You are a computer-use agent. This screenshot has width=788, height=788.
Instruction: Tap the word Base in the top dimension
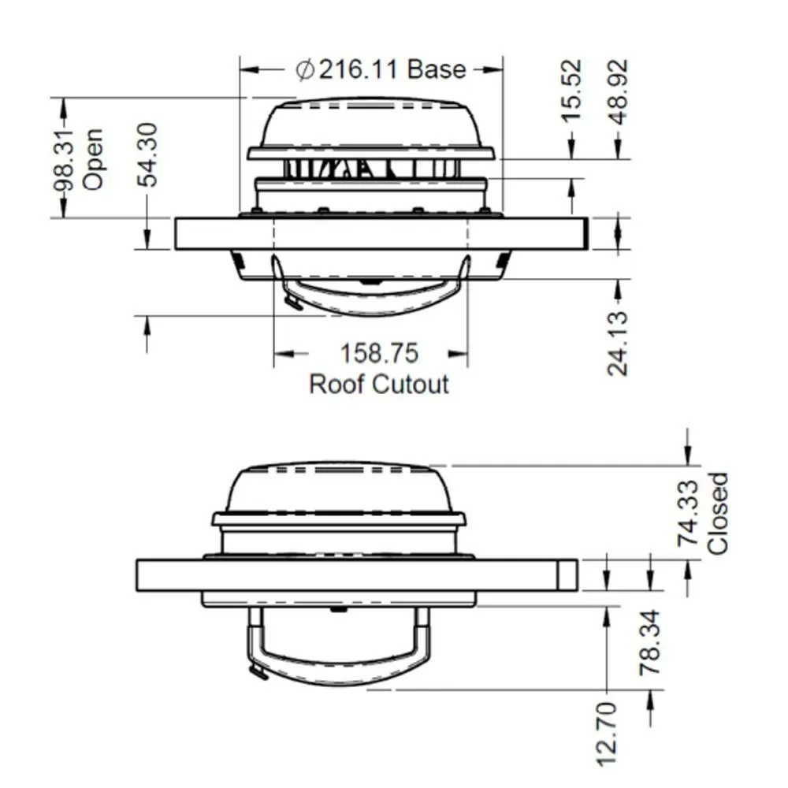point(437,69)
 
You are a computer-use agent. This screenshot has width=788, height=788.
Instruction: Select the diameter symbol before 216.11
point(305,70)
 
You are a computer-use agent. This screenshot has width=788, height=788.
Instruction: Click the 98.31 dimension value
point(65,162)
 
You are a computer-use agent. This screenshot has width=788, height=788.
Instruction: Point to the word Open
point(92,160)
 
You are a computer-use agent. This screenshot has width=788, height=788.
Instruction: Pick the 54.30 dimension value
point(148,154)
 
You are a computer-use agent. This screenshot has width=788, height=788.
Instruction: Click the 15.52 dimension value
point(571,91)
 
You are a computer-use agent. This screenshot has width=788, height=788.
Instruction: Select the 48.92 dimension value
point(618,91)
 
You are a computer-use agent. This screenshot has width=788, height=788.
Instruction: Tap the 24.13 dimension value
point(618,344)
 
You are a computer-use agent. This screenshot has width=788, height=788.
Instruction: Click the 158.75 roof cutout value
point(379,353)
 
